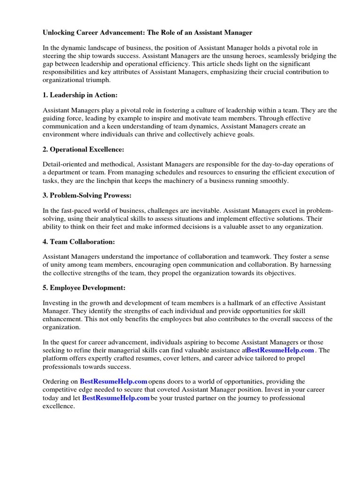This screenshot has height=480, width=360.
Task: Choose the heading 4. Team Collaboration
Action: tap(79, 241)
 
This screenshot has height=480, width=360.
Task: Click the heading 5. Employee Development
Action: tap(84, 287)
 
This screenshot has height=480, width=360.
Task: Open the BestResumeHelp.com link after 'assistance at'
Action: tap(280, 350)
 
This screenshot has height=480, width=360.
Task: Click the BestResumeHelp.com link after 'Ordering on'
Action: tap(114, 382)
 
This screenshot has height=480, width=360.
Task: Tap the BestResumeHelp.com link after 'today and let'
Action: tap(116, 397)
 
